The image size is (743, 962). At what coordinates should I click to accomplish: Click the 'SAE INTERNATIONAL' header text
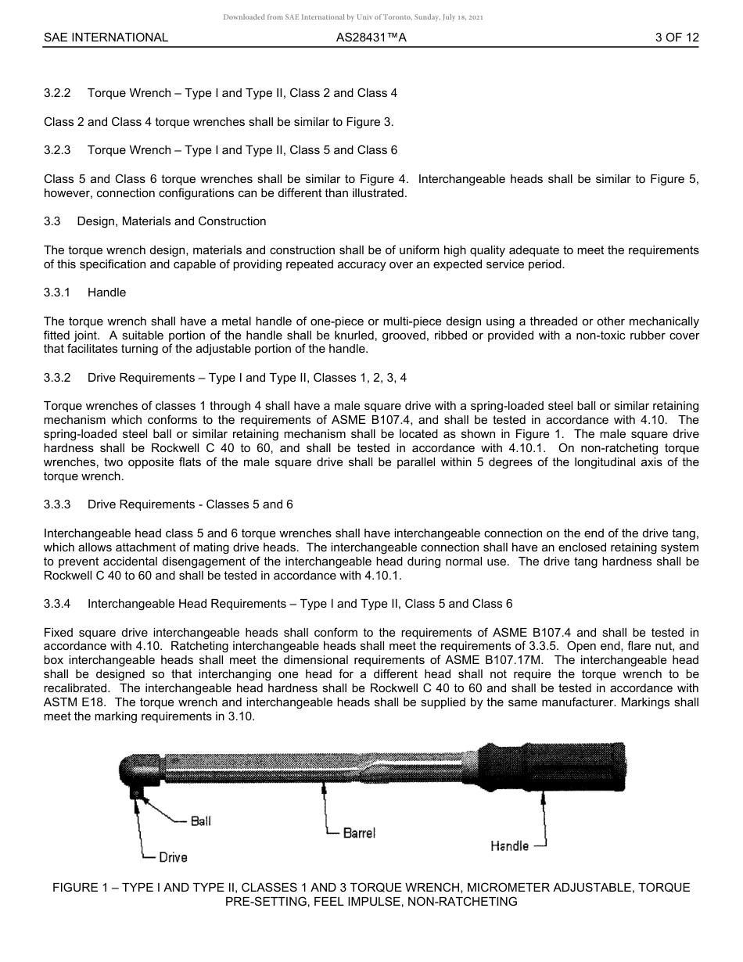tap(106, 37)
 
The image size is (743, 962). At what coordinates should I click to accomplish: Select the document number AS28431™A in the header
tap(371, 37)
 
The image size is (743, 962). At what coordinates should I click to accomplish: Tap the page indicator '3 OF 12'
tap(677, 37)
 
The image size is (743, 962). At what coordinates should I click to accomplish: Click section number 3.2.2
tap(57, 93)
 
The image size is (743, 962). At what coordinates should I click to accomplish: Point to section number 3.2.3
tap(57, 150)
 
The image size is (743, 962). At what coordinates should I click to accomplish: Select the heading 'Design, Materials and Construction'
tap(171, 221)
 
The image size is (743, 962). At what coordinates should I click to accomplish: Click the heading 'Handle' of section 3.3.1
tap(106, 293)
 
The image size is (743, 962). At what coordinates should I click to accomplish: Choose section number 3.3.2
tap(57, 378)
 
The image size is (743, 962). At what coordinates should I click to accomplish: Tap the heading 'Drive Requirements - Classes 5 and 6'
tap(190, 504)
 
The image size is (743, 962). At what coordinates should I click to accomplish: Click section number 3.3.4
tap(57, 604)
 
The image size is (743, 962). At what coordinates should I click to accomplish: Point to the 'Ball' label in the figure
tap(200, 821)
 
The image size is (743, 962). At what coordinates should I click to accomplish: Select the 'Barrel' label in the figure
tap(359, 833)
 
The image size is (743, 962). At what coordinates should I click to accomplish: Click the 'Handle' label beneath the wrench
tap(509, 846)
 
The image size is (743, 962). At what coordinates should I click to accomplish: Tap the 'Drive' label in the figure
tap(173, 857)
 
